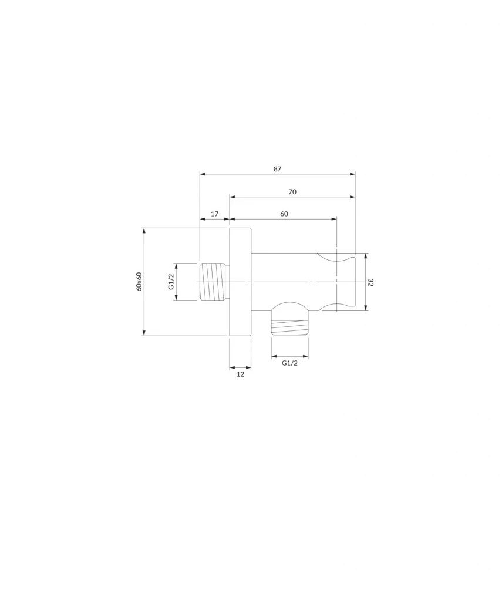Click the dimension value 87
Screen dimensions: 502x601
coord(278,168)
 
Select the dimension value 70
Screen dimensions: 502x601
coord(292,192)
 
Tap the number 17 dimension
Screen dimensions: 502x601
coord(215,214)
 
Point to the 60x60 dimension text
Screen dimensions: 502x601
coord(139,281)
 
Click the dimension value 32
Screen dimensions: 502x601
coord(370,282)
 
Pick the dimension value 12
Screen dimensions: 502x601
coord(240,374)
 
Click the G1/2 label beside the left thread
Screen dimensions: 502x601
coord(171,282)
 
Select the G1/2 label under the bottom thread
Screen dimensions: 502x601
coord(289,363)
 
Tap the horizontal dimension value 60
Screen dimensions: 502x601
coord(284,214)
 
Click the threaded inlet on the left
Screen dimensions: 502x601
coord(214,282)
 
